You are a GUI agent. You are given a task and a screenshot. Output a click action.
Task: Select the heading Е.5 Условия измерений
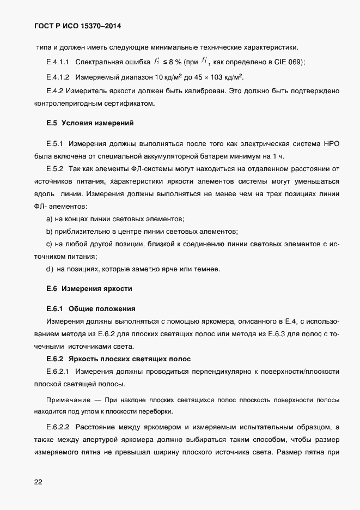[90, 123]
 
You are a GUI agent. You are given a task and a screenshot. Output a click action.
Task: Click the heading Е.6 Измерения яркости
[89, 288]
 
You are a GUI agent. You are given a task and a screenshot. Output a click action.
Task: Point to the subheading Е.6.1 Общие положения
[90, 308]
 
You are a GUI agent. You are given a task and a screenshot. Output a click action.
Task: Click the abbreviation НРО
[331, 144]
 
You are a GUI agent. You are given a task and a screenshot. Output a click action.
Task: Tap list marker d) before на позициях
[50, 268]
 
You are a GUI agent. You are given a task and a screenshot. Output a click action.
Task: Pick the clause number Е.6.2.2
[58, 426]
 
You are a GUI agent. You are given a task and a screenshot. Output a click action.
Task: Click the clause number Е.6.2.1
[58, 371]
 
